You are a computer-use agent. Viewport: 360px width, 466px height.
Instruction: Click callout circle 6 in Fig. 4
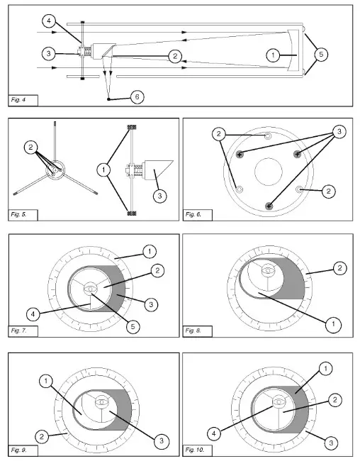pos(137,97)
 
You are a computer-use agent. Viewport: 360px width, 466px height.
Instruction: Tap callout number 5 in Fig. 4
pos(322,55)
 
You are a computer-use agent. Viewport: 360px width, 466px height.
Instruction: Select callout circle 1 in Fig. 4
pos(273,55)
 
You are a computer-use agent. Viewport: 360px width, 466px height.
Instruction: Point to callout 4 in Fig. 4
pos(49,21)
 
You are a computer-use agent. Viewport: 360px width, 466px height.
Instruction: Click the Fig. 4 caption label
pos(18,100)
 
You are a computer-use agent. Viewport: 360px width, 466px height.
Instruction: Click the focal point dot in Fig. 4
pos(108,99)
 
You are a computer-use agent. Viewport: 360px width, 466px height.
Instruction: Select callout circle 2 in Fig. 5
pos(31,148)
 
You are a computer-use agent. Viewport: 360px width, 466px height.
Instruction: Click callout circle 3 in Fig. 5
pos(159,196)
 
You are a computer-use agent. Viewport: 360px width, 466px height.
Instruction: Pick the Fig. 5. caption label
pos(18,214)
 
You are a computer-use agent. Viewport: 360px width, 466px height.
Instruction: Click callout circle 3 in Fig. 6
pos(339,131)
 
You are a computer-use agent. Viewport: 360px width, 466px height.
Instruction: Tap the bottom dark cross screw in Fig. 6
pos(269,206)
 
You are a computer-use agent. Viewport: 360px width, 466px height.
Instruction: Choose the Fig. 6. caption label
pos(193,214)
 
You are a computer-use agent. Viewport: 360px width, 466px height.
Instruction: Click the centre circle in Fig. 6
pos(268,172)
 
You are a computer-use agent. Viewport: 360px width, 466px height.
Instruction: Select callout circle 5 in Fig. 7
pos(133,326)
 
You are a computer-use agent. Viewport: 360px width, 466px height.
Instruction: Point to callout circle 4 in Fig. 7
pos(33,314)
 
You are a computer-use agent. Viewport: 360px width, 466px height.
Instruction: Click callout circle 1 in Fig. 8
pos(333,324)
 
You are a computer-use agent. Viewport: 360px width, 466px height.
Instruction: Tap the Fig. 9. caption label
pos(18,450)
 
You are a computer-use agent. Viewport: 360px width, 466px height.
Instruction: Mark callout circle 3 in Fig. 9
pos(162,440)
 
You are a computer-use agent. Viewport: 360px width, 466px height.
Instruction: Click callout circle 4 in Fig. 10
pos(214,433)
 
